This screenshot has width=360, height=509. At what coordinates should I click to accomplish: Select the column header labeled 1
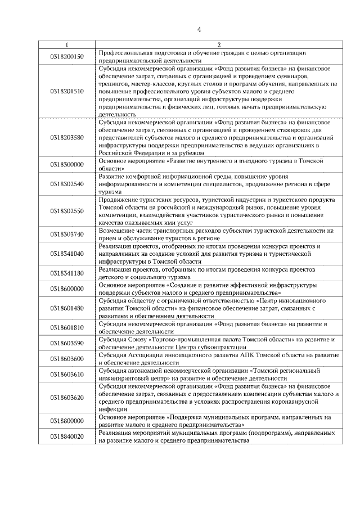tap(67, 44)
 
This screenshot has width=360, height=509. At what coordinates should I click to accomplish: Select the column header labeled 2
tap(218, 44)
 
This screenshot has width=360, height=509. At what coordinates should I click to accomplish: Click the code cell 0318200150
tap(67, 56)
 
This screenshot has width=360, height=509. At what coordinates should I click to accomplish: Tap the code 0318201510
tap(67, 91)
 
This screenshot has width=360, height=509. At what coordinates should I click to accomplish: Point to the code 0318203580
tap(67, 137)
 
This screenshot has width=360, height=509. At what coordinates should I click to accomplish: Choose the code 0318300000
tap(67, 164)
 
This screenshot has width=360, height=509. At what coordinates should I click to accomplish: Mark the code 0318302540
tap(67, 183)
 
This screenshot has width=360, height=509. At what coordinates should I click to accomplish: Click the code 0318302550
tap(67, 211)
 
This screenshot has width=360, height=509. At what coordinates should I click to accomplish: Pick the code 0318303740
tap(67, 234)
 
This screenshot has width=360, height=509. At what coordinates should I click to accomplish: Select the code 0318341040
tap(67, 254)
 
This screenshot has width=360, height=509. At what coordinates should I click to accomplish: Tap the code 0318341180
tap(67, 273)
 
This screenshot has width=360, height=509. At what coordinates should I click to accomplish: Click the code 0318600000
tap(67, 289)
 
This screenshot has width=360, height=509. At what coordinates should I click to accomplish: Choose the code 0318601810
tap(67, 327)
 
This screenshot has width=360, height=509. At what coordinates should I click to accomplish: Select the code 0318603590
tap(67, 343)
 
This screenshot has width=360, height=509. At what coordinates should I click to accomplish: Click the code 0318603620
tap(67, 398)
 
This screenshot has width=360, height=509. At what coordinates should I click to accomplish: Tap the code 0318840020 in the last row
tap(67, 436)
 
